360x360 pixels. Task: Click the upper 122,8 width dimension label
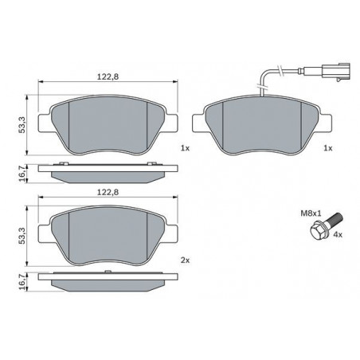[108, 76]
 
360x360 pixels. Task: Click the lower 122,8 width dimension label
[108, 192]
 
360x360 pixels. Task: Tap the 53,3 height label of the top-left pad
[22, 125]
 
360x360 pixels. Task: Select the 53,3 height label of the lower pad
[22, 236]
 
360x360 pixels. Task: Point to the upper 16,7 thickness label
[23, 173]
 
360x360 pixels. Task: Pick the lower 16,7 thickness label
[23, 281]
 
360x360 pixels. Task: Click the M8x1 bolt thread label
[311, 213]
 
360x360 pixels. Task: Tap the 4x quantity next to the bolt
[338, 235]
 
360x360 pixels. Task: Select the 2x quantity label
[185, 260]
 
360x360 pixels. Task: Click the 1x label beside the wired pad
[328, 148]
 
